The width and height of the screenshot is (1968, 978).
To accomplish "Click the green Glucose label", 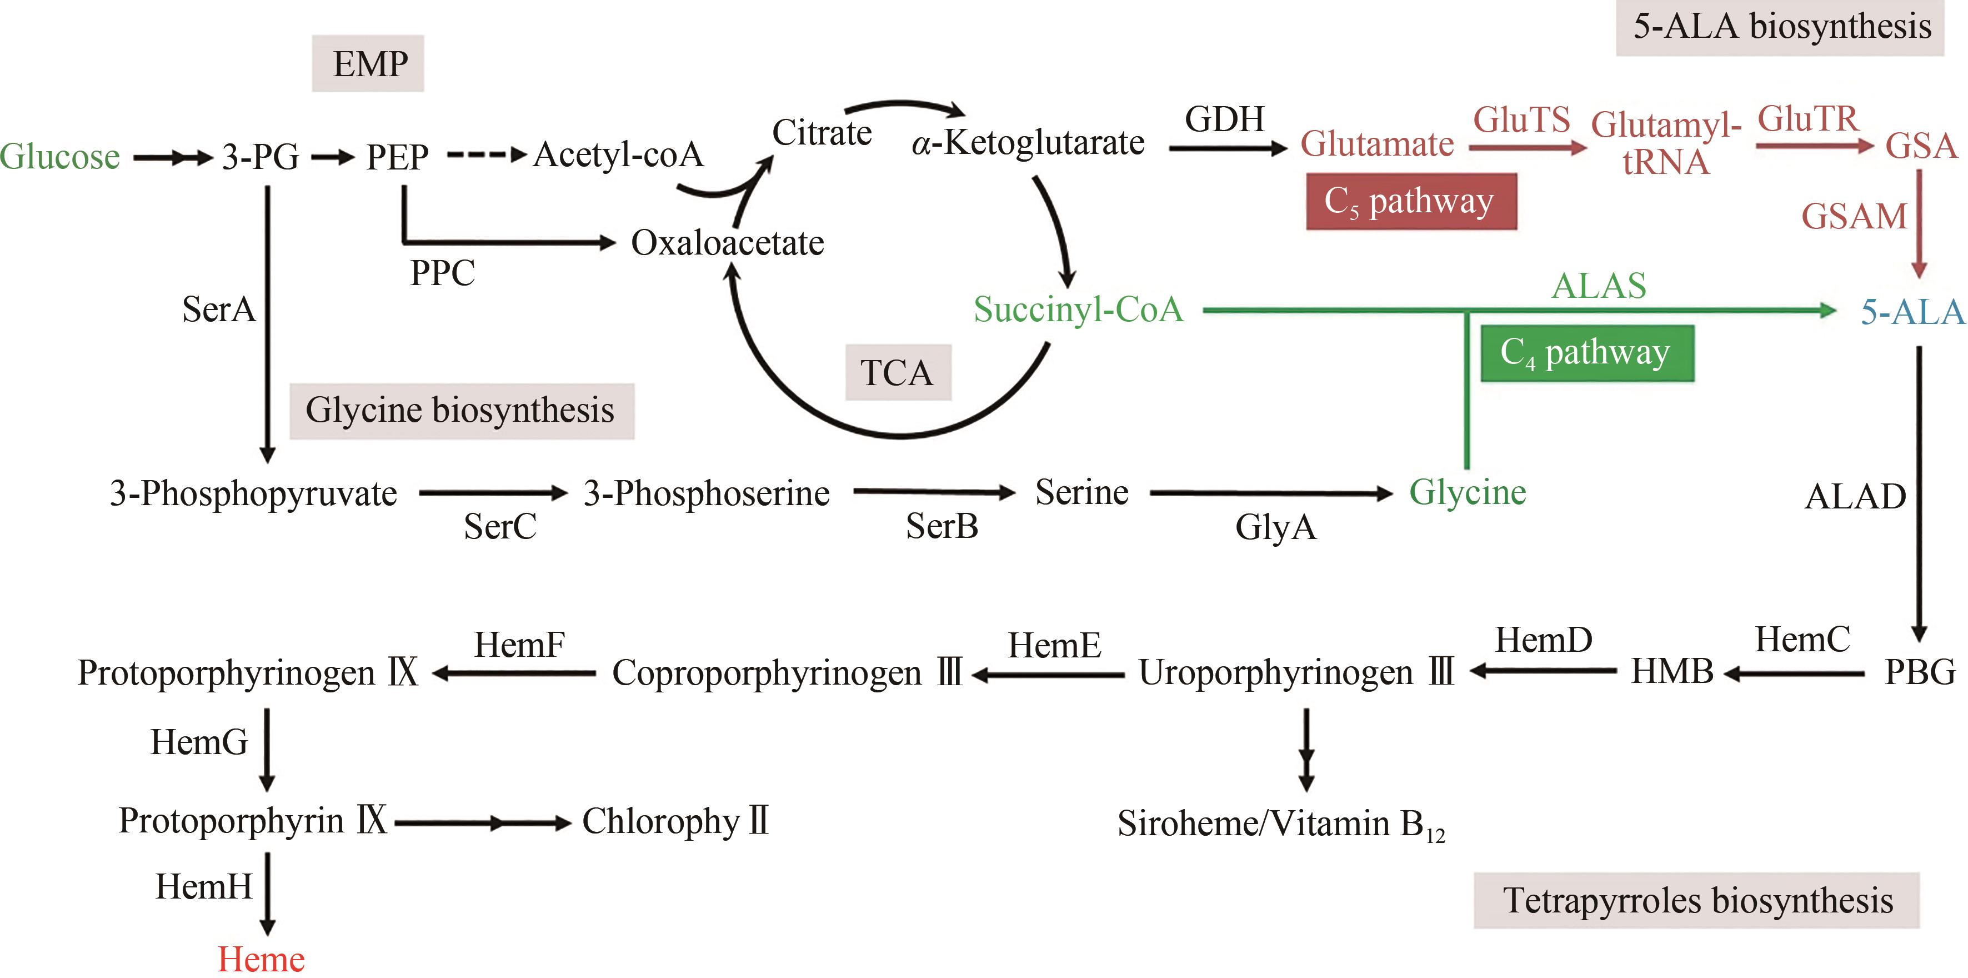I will tap(59, 157).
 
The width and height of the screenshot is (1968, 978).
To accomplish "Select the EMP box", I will tap(368, 63).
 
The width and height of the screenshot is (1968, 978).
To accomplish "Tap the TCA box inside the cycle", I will tap(898, 373).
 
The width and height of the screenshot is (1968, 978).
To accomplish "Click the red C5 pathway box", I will tap(1410, 202).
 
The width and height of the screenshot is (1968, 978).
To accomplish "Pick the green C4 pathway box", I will tap(1587, 353).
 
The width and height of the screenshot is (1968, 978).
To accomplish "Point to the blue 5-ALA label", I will tap(1911, 312).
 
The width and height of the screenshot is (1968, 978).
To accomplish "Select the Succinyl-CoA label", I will tap(1078, 310).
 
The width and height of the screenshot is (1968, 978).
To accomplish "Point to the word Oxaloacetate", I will tap(727, 243).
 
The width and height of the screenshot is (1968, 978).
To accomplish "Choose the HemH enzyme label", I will tap(204, 887).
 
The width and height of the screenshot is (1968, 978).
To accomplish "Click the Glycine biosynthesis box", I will tap(460, 410).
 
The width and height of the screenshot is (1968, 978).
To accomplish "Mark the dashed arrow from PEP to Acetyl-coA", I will tap(487, 155).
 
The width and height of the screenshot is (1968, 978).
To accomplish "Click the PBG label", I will tap(1919, 672).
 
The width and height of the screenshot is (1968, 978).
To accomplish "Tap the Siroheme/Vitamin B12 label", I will tap(1280, 824).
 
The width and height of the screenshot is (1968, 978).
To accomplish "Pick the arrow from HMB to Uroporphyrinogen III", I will tap(1543, 671).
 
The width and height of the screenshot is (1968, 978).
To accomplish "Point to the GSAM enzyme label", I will tap(1854, 217).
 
